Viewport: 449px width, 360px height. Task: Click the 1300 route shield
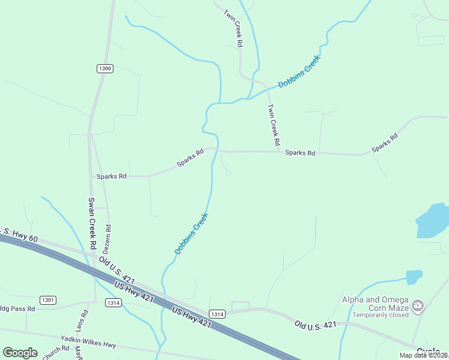104,68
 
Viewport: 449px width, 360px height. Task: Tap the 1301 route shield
48,299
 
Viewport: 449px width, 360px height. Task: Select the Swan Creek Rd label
92,224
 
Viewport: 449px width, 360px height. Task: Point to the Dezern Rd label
108,237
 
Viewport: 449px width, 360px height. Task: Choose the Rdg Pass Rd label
17,308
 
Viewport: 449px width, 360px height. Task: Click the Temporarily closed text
381,315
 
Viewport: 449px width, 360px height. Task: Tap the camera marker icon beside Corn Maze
418,307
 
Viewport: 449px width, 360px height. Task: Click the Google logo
20,353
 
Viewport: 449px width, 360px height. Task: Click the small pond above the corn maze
414,277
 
